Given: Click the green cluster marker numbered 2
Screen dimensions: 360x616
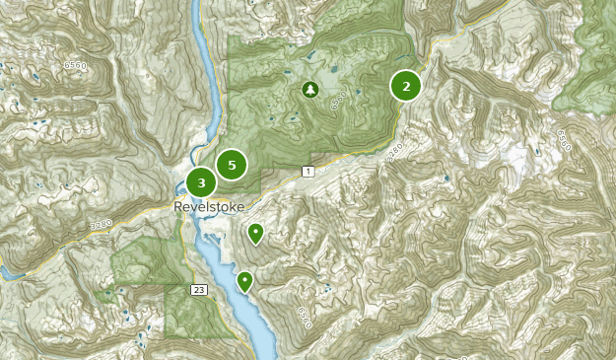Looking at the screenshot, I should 405,86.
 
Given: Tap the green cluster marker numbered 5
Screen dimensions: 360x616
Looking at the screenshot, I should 232,165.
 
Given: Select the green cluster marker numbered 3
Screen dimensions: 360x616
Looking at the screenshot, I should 201,182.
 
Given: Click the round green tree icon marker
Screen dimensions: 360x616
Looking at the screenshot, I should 310,91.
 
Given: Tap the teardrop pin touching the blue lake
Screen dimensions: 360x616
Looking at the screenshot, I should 244,281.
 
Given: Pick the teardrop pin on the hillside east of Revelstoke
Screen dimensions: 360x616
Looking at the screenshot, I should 255,233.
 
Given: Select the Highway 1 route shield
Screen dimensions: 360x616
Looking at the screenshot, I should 308,173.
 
